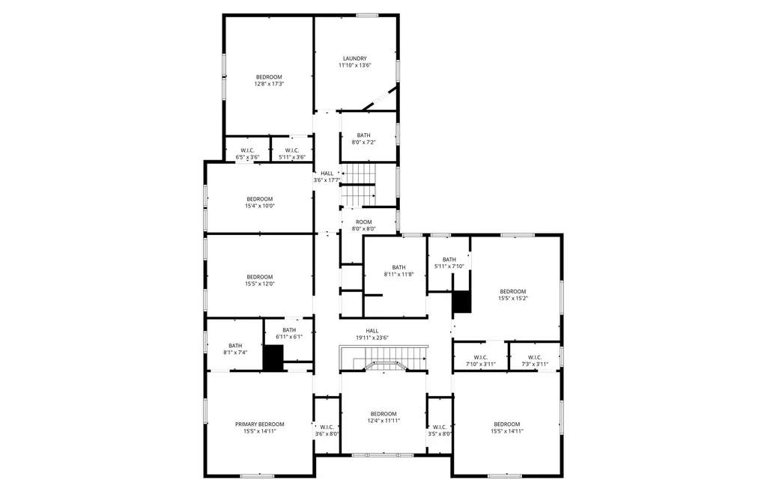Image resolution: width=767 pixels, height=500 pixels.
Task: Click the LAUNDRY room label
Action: tap(354, 58)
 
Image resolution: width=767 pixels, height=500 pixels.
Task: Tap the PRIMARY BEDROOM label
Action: tap(260, 424)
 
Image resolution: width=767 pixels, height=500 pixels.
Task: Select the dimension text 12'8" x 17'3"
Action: tap(269, 84)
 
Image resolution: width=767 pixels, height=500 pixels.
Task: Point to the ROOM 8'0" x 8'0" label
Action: tap(363, 222)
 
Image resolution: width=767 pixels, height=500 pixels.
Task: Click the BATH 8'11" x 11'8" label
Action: tap(398, 267)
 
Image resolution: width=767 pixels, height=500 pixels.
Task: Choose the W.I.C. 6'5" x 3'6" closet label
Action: tap(248, 150)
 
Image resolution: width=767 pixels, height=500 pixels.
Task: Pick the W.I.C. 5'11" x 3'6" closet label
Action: tap(292, 150)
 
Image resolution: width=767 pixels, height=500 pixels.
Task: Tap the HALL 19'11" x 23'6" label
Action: tap(372, 331)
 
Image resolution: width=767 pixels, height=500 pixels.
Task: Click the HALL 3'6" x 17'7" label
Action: tap(327, 174)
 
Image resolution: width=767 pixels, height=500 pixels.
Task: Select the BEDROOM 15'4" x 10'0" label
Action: tap(260, 199)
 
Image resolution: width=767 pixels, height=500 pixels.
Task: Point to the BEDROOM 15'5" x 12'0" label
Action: tap(260, 277)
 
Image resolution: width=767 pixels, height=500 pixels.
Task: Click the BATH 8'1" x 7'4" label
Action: tap(235, 346)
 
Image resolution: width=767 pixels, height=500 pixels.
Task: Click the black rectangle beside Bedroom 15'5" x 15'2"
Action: tap(462, 302)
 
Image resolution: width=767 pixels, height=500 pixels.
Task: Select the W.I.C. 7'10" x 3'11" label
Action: tap(481, 358)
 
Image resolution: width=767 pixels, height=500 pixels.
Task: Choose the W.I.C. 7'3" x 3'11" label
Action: tap(535, 358)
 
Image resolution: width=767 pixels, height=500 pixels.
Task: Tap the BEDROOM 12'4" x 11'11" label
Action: tap(383, 414)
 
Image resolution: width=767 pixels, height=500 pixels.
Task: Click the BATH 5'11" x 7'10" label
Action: tap(449, 260)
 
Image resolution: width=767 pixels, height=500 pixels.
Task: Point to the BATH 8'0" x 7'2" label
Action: tap(364, 135)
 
